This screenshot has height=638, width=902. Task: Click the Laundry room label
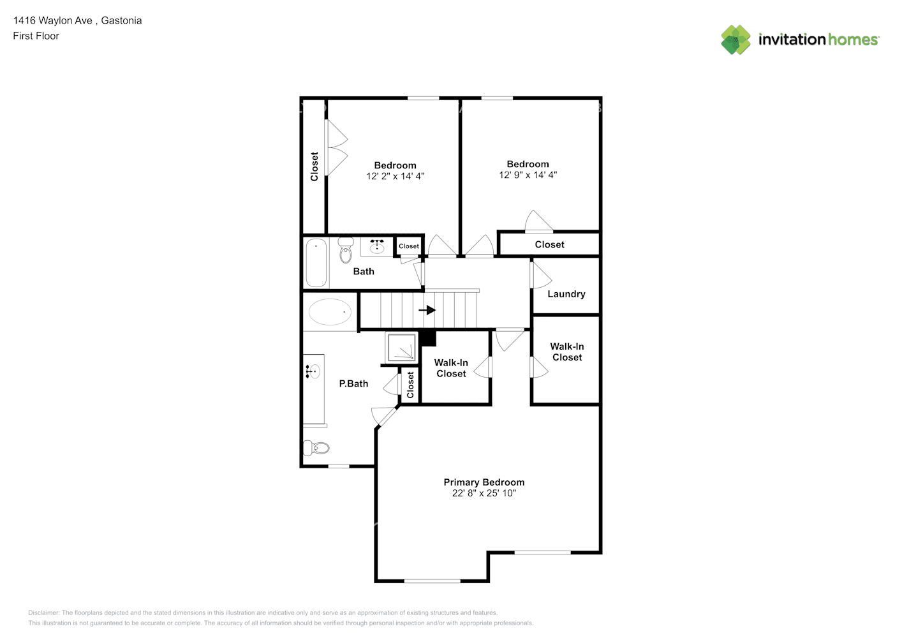coord(566,294)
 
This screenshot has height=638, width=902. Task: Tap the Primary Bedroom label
coord(484,482)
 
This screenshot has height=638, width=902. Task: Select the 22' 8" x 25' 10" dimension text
coord(484,493)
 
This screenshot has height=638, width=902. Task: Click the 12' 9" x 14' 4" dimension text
coord(528,175)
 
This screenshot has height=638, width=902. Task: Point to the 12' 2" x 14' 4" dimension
coord(395,176)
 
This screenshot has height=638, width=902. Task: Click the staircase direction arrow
coord(427,310)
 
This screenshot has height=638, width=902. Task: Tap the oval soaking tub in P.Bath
coord(330,312)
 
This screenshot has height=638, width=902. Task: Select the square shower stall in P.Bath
coord(401,347)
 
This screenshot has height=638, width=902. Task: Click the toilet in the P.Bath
coord(316,447)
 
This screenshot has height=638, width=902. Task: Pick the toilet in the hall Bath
coord(346,250)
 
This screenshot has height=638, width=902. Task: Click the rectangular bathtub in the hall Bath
coord(316,263)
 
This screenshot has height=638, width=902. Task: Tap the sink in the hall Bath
coord(377,245)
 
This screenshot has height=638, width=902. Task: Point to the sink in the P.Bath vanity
coord(313,371)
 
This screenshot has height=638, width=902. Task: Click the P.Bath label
coord(353,383)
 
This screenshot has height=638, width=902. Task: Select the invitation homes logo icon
coord(736,40)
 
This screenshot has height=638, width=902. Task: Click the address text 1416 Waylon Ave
coord(53,20)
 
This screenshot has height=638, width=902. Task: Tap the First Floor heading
coord(36,36)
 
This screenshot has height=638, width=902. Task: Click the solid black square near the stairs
coord(427,338)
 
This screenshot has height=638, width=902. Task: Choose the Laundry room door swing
coord(541,275)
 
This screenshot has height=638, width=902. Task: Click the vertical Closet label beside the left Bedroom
coord(314,167)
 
